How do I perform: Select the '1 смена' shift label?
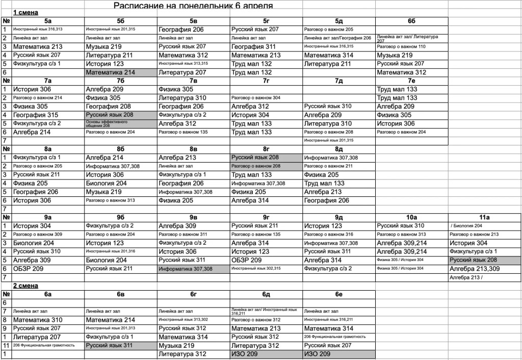coord(25,12)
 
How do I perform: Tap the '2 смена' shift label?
coord(25,286)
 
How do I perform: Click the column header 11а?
coord(484,217)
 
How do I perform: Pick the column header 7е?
coord(411,81)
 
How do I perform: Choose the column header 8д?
coord(338,149)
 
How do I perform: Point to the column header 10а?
coord(411,217)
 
